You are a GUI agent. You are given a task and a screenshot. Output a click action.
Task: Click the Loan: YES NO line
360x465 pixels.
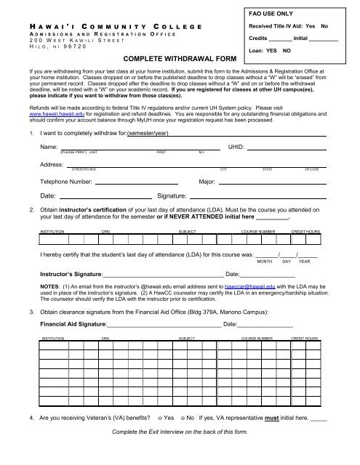pyautogui.click(x=270, y=51)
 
